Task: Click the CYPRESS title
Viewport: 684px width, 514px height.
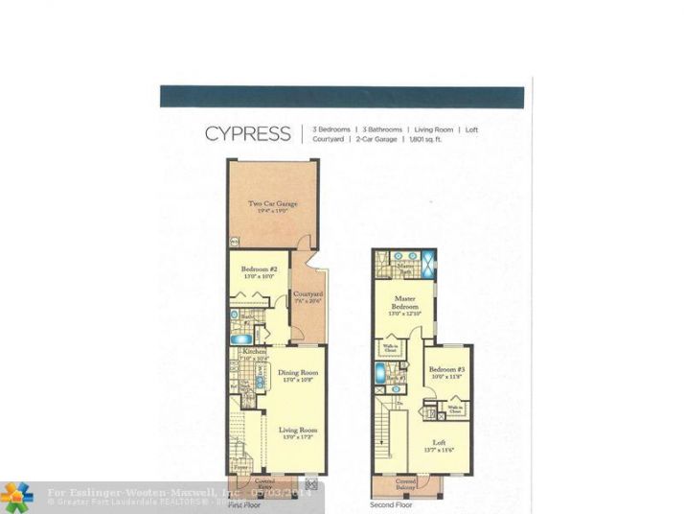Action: [x=247, y=133]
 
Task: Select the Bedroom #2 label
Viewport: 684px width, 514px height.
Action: [x=260, y=269]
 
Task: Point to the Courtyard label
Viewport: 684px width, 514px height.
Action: [x=307, y=293]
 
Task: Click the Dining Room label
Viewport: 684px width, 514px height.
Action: [x=297, y=373]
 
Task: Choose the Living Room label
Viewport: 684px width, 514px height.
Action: [x=297, y=431]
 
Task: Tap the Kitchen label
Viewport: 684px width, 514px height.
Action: [x=253, y=353]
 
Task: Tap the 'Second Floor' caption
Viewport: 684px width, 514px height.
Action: [x=393, y=503]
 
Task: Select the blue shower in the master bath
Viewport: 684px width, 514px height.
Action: [x=427, y=262]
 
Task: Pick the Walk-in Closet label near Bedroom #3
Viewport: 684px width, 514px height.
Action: [x=456, y=409]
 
